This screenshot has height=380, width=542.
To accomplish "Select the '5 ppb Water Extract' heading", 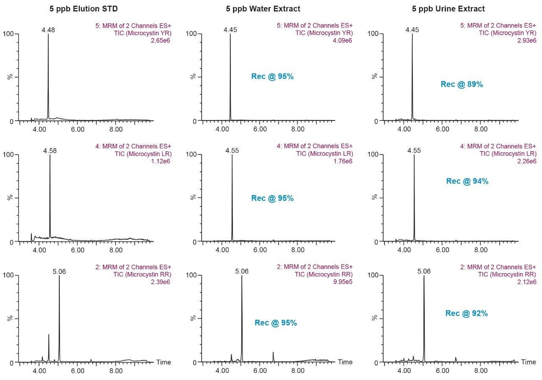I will coord(263,8).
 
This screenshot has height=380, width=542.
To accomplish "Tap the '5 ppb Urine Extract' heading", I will coord(448,8).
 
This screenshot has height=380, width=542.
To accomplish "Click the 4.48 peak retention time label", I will coord(48,30).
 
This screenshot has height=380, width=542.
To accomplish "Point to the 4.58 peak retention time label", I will coord(50,151).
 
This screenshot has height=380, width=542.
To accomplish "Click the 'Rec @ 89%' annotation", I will coord(462,84).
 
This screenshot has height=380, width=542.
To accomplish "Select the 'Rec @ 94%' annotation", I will coord(467,181).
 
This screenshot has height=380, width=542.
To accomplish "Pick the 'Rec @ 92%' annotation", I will coord(466,313).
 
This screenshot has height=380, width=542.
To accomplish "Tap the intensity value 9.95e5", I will coord(342,282).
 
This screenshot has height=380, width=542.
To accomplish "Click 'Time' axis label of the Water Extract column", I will coord(345,362).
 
